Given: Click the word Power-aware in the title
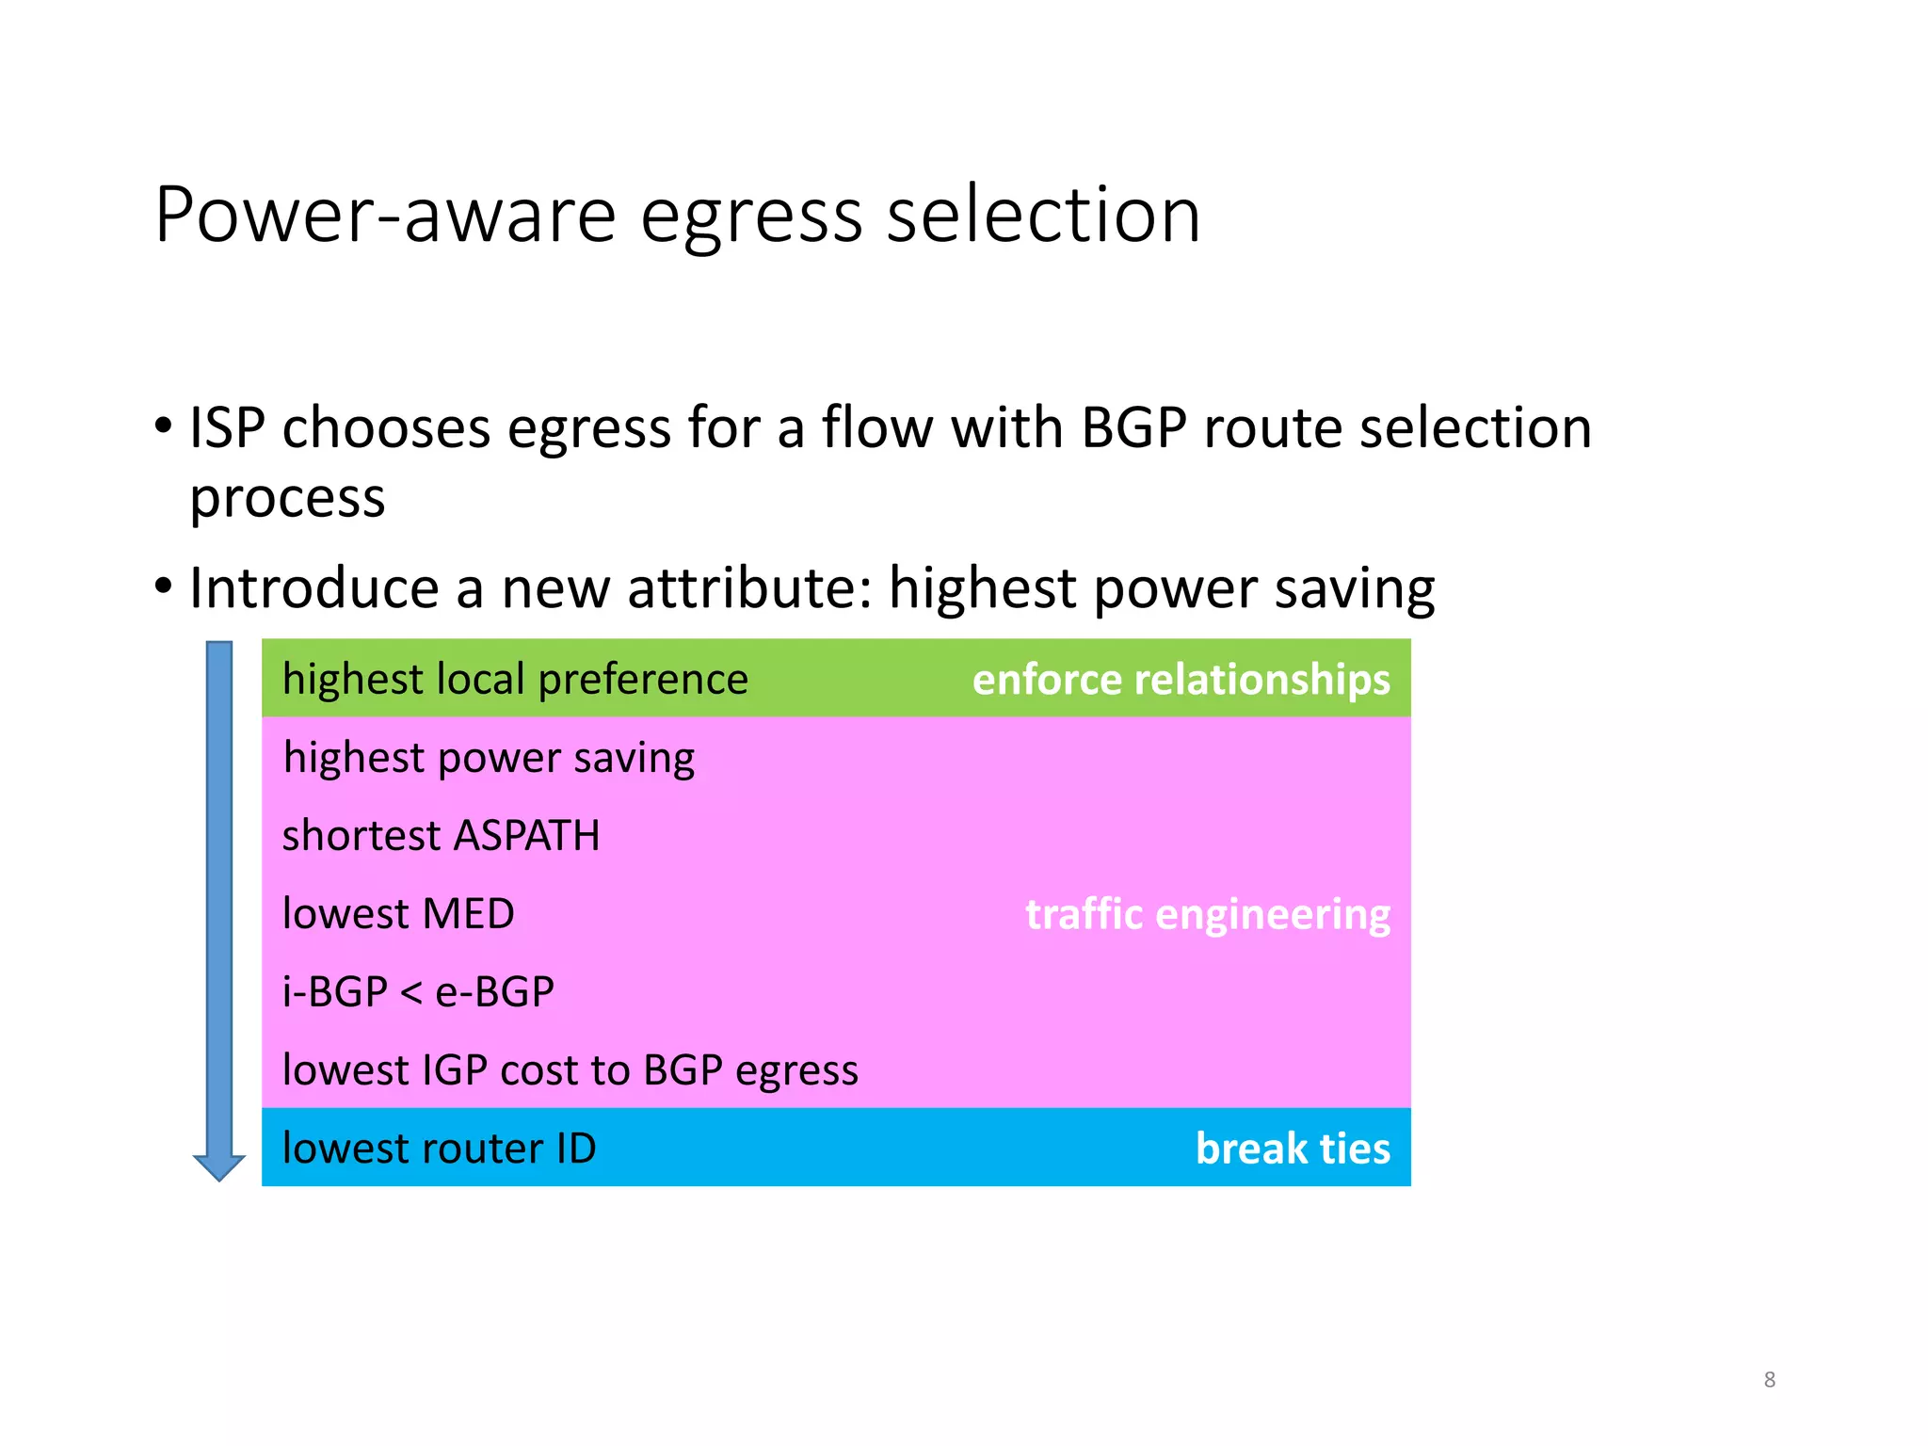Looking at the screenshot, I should coord(385,216).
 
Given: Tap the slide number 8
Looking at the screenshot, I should coord(1769,1379).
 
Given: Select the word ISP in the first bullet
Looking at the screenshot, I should coord(227,428).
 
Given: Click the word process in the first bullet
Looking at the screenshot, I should coord(287,499).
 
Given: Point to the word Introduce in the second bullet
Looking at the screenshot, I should coord(313,588).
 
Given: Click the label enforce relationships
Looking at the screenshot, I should coord(1181,679).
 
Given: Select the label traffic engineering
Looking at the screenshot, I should coord(1207,914).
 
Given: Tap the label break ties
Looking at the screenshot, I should coord(1292,1149).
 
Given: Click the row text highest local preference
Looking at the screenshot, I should coord(515,679).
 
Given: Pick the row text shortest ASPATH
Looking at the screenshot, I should coord(441,836).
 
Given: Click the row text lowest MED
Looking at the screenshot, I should coord(398,914).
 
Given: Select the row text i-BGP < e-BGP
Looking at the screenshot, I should coord(418,992).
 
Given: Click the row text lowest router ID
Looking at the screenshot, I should coord(439,1149).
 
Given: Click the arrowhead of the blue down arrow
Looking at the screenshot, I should coord(219,1166).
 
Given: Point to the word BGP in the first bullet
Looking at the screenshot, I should coord(1133,428).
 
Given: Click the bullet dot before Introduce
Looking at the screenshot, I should coord(164,586).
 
